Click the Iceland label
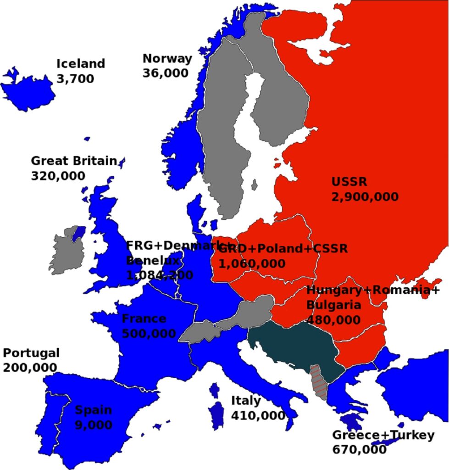coord(81,63)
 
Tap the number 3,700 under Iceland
coord(75,78)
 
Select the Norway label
coord(167,58)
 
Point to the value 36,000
coord(165,73)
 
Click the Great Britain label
coord(74,161)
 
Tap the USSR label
coord(349,182)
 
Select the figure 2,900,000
coord(365,197)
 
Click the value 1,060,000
coord(252,263)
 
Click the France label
coord(144,319)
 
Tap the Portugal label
coord(31,353)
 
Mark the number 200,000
coord(30,368)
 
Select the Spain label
coord(94,410)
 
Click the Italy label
coord(246,401)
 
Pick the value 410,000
coord(258,415)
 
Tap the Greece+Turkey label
coord(382,435)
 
